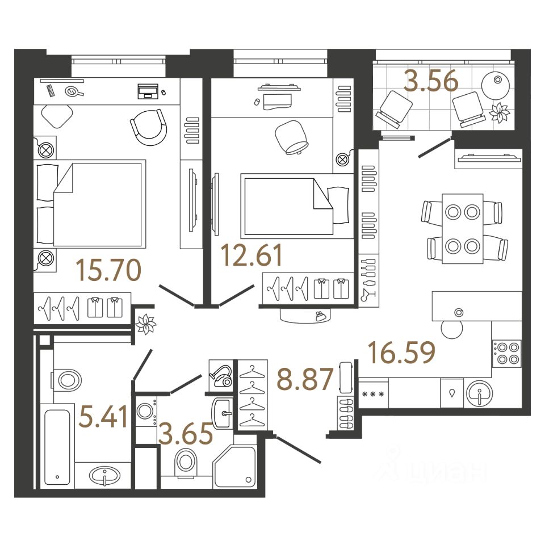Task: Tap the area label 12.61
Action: point(252,255)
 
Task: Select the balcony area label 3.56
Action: point(430,82)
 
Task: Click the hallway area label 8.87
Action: point(304,379)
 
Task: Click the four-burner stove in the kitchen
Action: point(506,353)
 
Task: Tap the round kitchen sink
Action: point(480,392)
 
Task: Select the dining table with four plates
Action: point(463,228)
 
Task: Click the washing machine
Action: point(147,414)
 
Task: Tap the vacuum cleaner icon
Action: point(221,375)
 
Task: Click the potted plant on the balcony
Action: point(501,113)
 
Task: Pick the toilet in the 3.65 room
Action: point(186,462)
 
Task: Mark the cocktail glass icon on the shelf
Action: point(368,294)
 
